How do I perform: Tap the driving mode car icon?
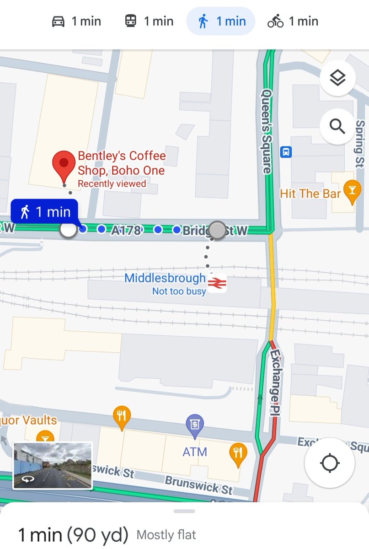coord(58,22)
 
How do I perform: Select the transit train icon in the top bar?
coord(130,22)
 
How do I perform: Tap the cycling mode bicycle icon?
coord(276,22)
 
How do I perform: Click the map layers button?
coord(337,79)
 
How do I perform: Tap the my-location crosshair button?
coord(330,464)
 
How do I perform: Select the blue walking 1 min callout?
coord(45,212)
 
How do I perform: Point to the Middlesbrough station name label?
coord(165,278)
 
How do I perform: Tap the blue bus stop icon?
coord(286,151)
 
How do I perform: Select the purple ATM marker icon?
coord(195,425)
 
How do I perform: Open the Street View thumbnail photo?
coord(53,465)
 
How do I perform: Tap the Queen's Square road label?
coord(266,131)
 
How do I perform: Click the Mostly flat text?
coord(166,534)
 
